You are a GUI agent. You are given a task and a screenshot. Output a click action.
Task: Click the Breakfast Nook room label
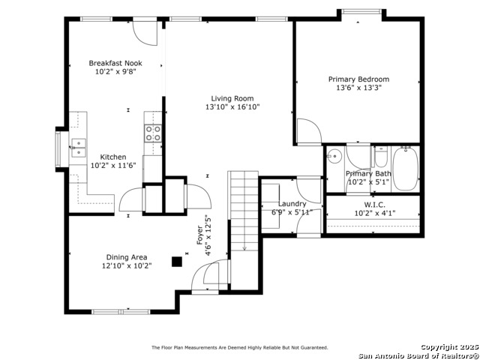click(x=115, y=63)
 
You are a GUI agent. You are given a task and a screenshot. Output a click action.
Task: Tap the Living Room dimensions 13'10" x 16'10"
click(x=232, y=106)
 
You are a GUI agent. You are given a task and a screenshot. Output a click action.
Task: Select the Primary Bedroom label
click(x=358, y=79)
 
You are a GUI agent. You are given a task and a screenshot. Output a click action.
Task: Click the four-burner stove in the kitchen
click(x=153, y=133)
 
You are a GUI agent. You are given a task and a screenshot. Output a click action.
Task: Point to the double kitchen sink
click(x=79, y=148)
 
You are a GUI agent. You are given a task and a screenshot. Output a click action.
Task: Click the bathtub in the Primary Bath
click(x=406, y=169)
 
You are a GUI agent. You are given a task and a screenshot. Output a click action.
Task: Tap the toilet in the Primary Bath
click(x=381, y=157)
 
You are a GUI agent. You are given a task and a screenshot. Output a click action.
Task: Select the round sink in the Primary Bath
click(x=334, y=157)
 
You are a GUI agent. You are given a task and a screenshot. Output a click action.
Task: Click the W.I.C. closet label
click(x=375, y=205)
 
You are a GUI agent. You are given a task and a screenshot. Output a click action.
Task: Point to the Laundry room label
click(x=292, y=204)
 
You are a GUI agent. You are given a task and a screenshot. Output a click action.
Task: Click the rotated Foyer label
click(x=199, y=235)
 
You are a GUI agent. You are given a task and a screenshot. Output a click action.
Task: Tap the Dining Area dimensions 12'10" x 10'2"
click(x=127, y=265)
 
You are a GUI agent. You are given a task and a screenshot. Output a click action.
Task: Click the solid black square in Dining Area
click(x=177, y=262)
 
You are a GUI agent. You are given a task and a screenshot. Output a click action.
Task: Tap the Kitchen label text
click(x=113, y=157)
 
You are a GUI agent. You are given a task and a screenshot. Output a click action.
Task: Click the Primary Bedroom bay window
click(x=361, y=12)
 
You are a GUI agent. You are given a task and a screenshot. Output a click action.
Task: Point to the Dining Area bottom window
click(x=121, y=312)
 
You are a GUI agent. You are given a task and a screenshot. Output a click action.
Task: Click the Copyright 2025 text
click(x=449, y=346)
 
